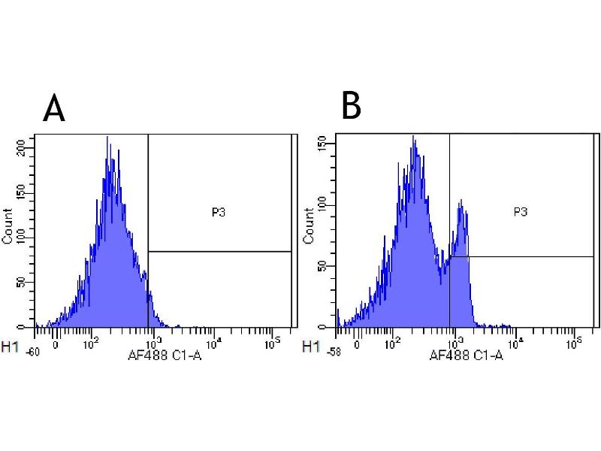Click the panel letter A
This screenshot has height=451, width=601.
[x=54, y=109]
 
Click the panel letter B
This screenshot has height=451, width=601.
[x=351, y=106]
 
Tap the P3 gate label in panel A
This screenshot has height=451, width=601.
[x=219, y=213]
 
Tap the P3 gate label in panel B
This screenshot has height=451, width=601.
[x=520, y=212]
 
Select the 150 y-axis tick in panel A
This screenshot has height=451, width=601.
[x=29, y=193]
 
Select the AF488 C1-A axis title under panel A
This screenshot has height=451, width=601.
[x=166, y=356]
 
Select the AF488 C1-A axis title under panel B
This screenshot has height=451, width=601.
[x=466, y=356]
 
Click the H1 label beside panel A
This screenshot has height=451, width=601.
[x=11, y=347]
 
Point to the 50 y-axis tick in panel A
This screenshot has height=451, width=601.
[x=29, y=283]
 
